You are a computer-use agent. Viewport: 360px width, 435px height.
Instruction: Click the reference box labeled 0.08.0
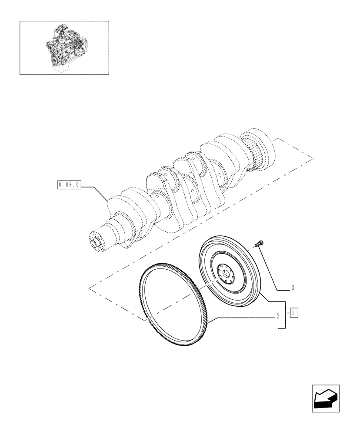68,184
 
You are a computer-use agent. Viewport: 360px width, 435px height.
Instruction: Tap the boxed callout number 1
294,312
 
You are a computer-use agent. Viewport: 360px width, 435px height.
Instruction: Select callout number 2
277,316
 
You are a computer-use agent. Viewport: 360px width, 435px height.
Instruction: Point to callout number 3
293,288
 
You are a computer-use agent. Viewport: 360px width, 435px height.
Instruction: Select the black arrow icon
325,398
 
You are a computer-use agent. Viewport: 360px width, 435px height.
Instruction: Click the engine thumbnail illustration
64,48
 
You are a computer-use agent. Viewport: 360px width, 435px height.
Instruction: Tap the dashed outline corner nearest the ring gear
144,321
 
